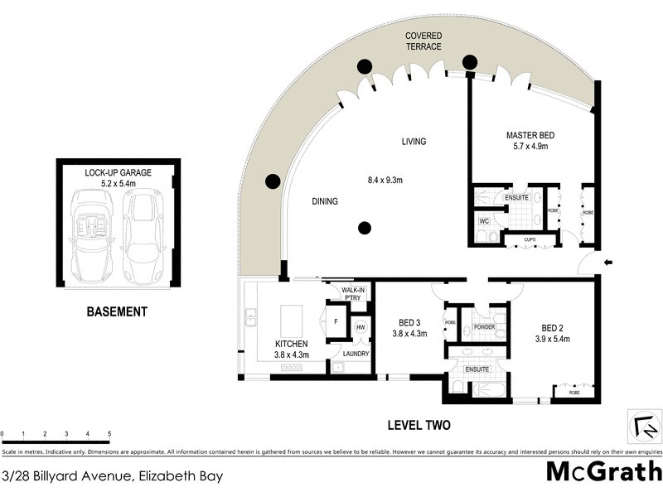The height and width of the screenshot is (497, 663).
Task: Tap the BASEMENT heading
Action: (x=117, y=312)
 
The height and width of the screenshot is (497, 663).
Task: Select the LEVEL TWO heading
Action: (x=419, y=427)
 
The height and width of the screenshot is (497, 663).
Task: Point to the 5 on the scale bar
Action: (x=109, y=433)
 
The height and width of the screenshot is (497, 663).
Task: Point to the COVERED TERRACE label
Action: (x=423, y=41)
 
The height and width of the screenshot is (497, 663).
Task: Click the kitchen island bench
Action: (x=293, y=319)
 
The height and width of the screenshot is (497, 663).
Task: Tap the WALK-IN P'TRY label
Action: (x=356, y=294)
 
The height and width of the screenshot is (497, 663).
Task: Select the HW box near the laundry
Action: (x=361, y=327)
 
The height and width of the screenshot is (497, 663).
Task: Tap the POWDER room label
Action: (x=485, y=327)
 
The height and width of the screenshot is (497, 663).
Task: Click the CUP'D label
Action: (x=534, y=240)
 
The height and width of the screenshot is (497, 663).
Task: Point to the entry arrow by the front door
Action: (x=607, y=263)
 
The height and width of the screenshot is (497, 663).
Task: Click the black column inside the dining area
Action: (x=364, y=228)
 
